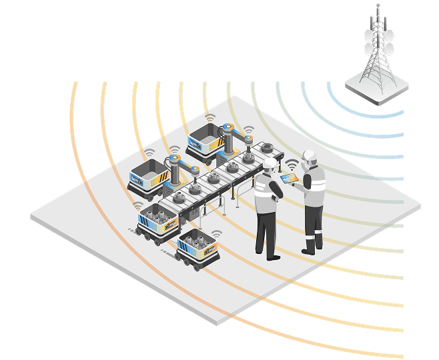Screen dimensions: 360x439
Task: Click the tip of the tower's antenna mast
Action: point(377,5)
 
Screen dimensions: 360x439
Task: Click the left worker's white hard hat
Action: point(270,163)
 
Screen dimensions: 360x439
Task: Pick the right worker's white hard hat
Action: point(308,155)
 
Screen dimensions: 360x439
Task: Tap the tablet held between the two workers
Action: point(289,179)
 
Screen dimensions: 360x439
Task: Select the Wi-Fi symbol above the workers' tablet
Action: point(292,164)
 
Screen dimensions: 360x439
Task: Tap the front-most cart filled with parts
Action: point(198,246)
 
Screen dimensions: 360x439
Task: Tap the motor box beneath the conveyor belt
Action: point(193,212)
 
